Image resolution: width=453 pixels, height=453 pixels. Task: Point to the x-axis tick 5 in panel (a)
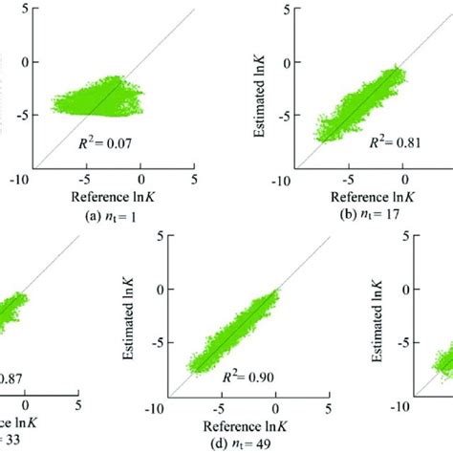195,179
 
